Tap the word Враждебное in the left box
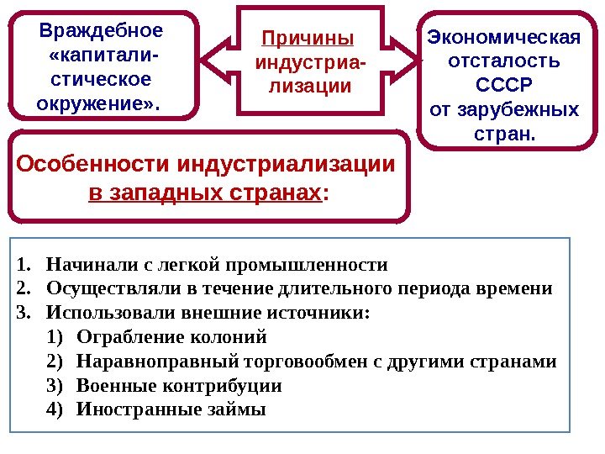pyautogui.click(x=102, y=32)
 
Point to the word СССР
pyautogui.click(x=504, y=87)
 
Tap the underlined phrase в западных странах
pyautogui.click(x=204, y=194)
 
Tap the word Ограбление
pyautogui.click(x=125, y=338)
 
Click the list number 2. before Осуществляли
pyautogui.click(x=23, y=290)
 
